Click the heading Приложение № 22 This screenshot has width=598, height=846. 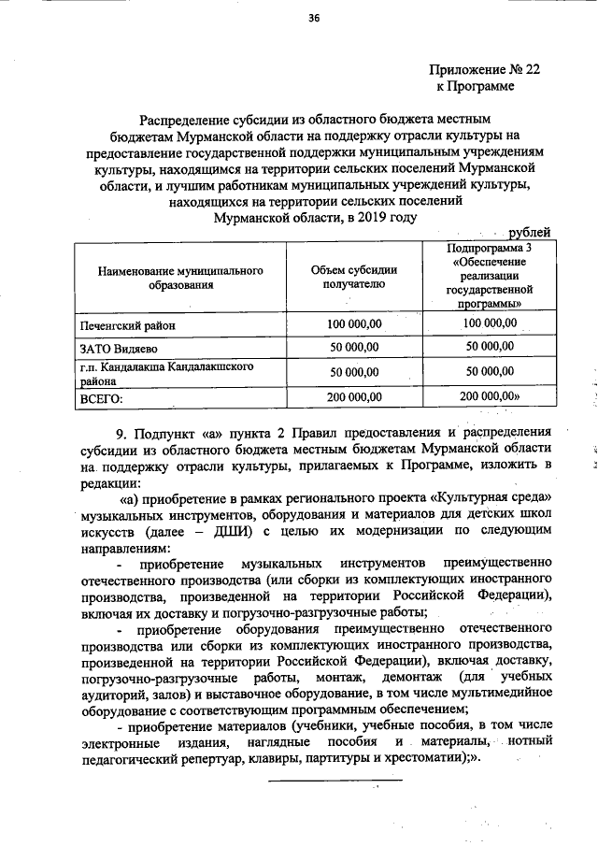click(x=484, y=69)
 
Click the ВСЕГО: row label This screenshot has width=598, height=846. click(x=102, y=397)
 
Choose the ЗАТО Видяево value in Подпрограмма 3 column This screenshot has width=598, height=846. click(x=491, y=347)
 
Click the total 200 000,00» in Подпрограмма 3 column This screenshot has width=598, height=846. click(x=492, y=397)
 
